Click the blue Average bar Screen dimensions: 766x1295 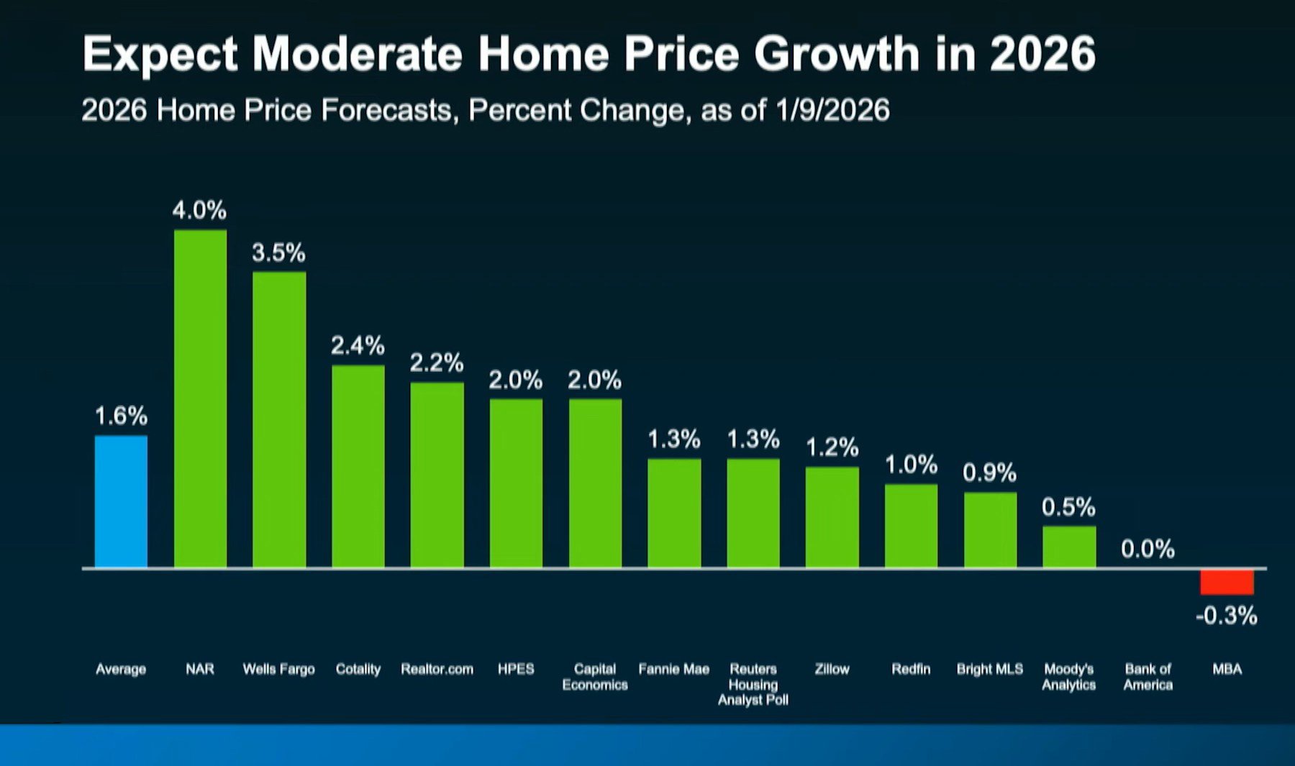(121, 501)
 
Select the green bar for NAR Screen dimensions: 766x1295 (200, 399)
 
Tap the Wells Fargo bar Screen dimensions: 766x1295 (279, 420)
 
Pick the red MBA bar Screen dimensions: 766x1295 (1227, 582)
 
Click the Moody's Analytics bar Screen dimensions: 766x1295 (1069, 547)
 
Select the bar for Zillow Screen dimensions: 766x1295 (832, 518)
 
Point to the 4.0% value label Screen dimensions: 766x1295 (199, 211)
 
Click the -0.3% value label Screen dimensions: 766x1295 (1227, 616)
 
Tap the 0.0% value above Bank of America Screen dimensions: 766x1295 (1148, 550)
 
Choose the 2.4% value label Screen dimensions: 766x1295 (358, 346)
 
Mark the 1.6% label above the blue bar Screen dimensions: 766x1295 (121, 416)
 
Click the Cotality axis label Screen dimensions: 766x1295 (358, 670)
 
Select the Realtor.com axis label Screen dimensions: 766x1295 (437, 670)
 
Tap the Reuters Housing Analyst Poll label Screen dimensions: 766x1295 (753, 685)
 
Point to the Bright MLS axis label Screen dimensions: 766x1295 (989, 670)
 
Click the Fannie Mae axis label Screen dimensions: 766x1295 (673, 670)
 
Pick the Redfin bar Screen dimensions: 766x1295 (911, 526)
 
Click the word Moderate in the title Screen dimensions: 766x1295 (358, 54)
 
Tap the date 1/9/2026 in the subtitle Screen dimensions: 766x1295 (832, 111)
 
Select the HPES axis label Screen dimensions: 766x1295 (516, 670)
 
